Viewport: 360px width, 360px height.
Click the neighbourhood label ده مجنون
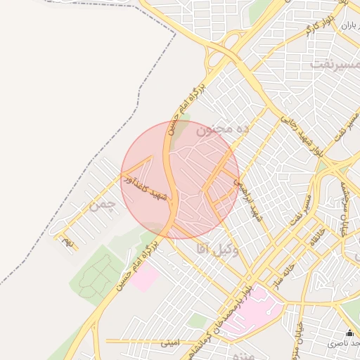[223, 131]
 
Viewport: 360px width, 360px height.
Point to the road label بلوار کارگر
[319, 29]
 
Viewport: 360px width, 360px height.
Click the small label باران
[349, 25]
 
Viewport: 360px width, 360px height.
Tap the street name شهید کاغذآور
[146, 188]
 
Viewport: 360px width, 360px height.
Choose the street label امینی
[169, 343]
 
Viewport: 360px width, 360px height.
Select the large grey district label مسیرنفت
[334, 63]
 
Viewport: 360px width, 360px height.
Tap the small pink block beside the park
[146, 278]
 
